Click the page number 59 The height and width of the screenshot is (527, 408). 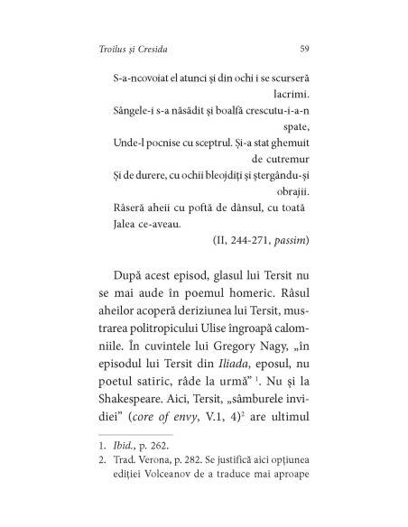click(x=304, y=47)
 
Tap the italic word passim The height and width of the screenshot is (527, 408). click(x=289, y=240)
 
